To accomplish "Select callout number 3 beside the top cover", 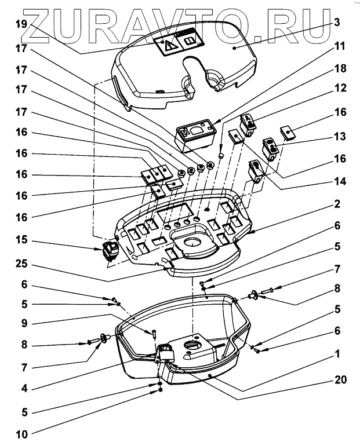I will pos(336,24).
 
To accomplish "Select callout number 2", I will pos(337,204).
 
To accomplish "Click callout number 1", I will pos(337,352).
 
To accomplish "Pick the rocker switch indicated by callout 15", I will pos(110,253).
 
